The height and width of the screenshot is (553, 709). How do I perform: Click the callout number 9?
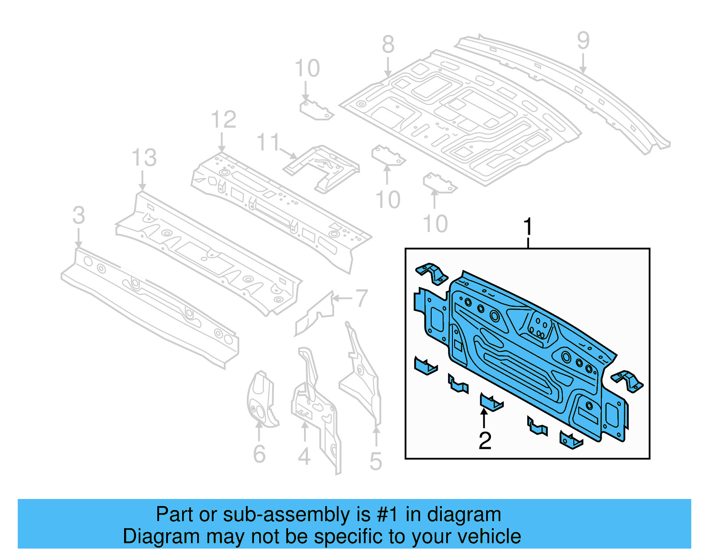coord(583,41)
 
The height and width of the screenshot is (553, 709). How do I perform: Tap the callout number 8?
coord(388,45)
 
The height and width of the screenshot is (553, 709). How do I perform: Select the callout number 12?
coord(223,120)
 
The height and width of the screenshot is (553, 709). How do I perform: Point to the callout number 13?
coord(144,158)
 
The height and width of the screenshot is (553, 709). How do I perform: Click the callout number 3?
coord(78,216)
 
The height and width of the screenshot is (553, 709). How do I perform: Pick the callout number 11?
coord(268,143)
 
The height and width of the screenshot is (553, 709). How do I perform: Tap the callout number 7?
coord(362,298)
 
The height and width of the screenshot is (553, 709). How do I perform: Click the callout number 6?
coord(259,454)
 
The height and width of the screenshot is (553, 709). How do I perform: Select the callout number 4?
coord(304,456)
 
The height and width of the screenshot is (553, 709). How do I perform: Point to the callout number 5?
coord(375,461)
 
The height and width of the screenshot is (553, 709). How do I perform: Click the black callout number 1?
coord(527,227)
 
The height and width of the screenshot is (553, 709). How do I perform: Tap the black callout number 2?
coord(485,441)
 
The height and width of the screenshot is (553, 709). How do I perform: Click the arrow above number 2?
coord(484,418)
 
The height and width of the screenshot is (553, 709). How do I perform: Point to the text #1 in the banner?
coord(388,515)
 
